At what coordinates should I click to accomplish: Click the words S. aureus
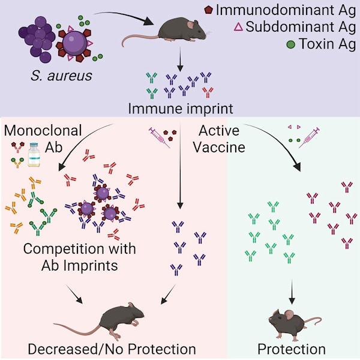[61, 76]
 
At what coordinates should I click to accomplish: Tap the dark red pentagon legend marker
[208, 10]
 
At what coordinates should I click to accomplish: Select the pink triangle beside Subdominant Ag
[238, 26]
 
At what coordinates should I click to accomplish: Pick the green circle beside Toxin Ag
[291, 44]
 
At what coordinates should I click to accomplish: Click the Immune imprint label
[181, 109]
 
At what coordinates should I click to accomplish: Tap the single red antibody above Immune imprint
[208, 92]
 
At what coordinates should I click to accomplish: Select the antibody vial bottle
[34, 155]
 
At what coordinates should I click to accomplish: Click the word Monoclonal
[43, 130]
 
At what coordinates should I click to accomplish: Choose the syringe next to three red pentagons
[160, 137]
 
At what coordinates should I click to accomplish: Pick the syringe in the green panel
[309, 138]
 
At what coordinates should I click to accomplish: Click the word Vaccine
[219, 147]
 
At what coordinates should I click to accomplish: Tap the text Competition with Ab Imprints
[79, 257]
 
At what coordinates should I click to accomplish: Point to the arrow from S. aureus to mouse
[124, 16]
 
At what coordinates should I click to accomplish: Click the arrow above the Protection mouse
[292, 292]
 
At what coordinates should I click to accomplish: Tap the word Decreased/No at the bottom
[76, 349]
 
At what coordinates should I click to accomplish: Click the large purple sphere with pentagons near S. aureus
[74, 43]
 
